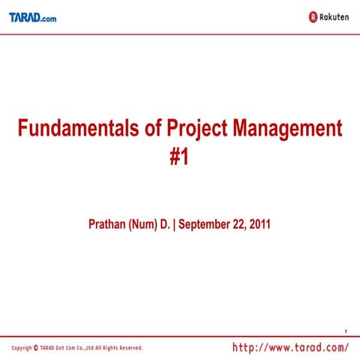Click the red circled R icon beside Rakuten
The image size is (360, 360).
[312, 16]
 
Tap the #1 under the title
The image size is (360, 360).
[179, 158]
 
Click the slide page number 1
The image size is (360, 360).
[346, 331]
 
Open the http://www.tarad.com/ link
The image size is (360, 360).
[291, 347]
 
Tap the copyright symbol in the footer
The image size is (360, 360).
[36, 348]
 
